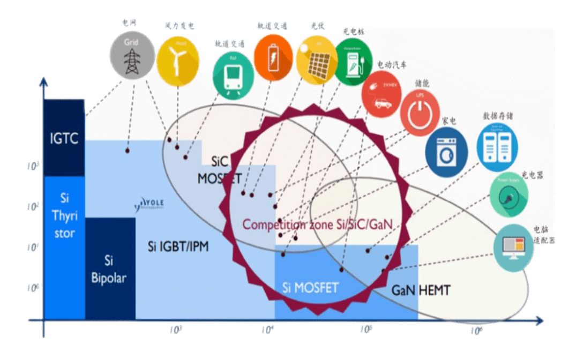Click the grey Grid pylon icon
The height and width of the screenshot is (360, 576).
pyautogui.click(x=131, y=56)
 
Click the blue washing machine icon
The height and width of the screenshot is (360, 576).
pyautogui.click(x=446, y=152)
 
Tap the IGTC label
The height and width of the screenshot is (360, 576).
pyautogui.click(x=64, y=138)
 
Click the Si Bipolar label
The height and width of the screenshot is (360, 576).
pyautogui.click(x=109, y=268)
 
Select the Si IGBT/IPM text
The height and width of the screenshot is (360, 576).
pyautogui.click(x=178, y=247)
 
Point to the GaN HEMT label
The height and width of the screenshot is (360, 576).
pyautogui.click(x=421, y=290)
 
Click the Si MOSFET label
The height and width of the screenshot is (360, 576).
pyautogui.click(x=310, y=288)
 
